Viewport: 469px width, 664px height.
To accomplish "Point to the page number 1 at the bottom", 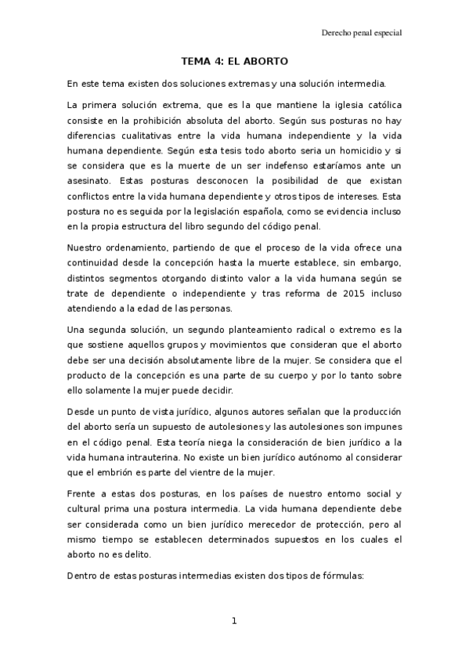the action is (233, 621).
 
